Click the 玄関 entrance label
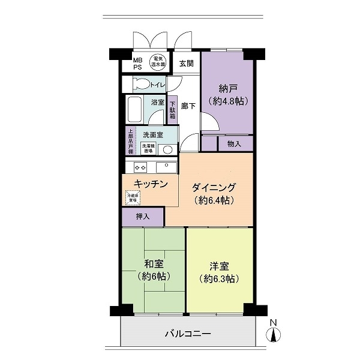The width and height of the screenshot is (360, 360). [x=186, y=62]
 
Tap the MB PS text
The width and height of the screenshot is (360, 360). [x=138, y=63]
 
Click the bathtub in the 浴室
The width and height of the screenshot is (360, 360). [x=135, y=109]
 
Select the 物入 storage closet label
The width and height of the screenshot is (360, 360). [x=234, y=144]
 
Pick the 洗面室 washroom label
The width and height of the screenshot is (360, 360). [x=152, y=134]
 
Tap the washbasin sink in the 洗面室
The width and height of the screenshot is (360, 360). [x=168, y=149]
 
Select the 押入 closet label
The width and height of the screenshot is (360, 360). [x=142, y=216]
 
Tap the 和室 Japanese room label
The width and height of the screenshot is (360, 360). [x=154, y=264]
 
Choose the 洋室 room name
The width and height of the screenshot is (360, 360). [x=220, y=266]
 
